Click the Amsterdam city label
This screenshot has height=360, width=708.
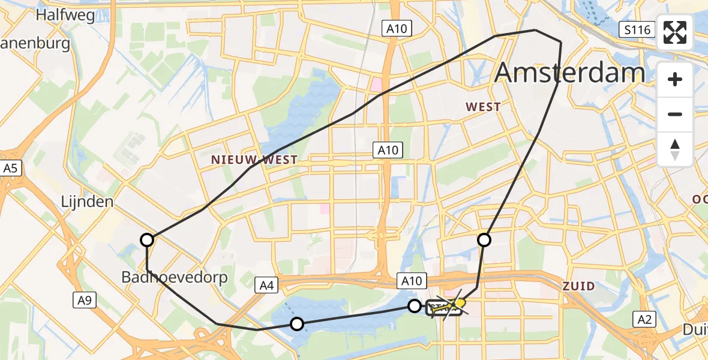[569, 73]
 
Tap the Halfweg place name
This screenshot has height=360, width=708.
[65, 15]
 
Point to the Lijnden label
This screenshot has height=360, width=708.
[87, 202]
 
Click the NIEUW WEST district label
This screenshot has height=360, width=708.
[254, 160]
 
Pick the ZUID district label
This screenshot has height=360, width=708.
[578, 286]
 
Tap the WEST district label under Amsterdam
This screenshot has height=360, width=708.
[483, 107]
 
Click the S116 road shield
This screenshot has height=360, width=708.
[636, 29]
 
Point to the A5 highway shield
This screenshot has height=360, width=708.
[10, 169]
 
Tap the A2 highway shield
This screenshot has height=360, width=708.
[644, 320]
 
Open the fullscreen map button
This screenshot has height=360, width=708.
[675, 33]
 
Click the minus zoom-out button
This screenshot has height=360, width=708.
[675, 114]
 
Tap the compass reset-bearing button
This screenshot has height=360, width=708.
[675, 149]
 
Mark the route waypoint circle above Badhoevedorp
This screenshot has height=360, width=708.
[147, 241]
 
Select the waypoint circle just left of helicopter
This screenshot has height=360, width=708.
[415, 306]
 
